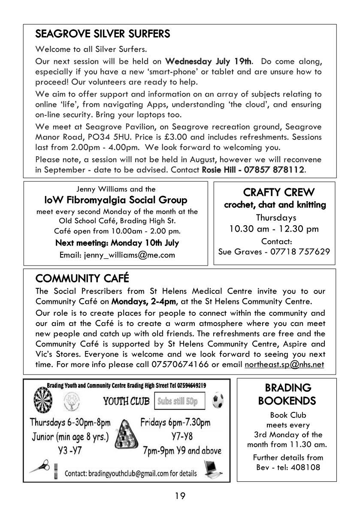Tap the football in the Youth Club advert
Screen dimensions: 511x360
[x=218, y=400]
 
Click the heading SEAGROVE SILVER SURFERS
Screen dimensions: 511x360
[x=103, y=33]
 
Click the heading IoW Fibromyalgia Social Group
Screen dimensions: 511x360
[x=116, y=200]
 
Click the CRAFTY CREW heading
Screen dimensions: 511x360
[x=278, y=192]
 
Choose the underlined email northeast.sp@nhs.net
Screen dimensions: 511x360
[x=284, y=365]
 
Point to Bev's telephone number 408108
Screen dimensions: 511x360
[x=307, y=468]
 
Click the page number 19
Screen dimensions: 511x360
[x=180, y=496]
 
